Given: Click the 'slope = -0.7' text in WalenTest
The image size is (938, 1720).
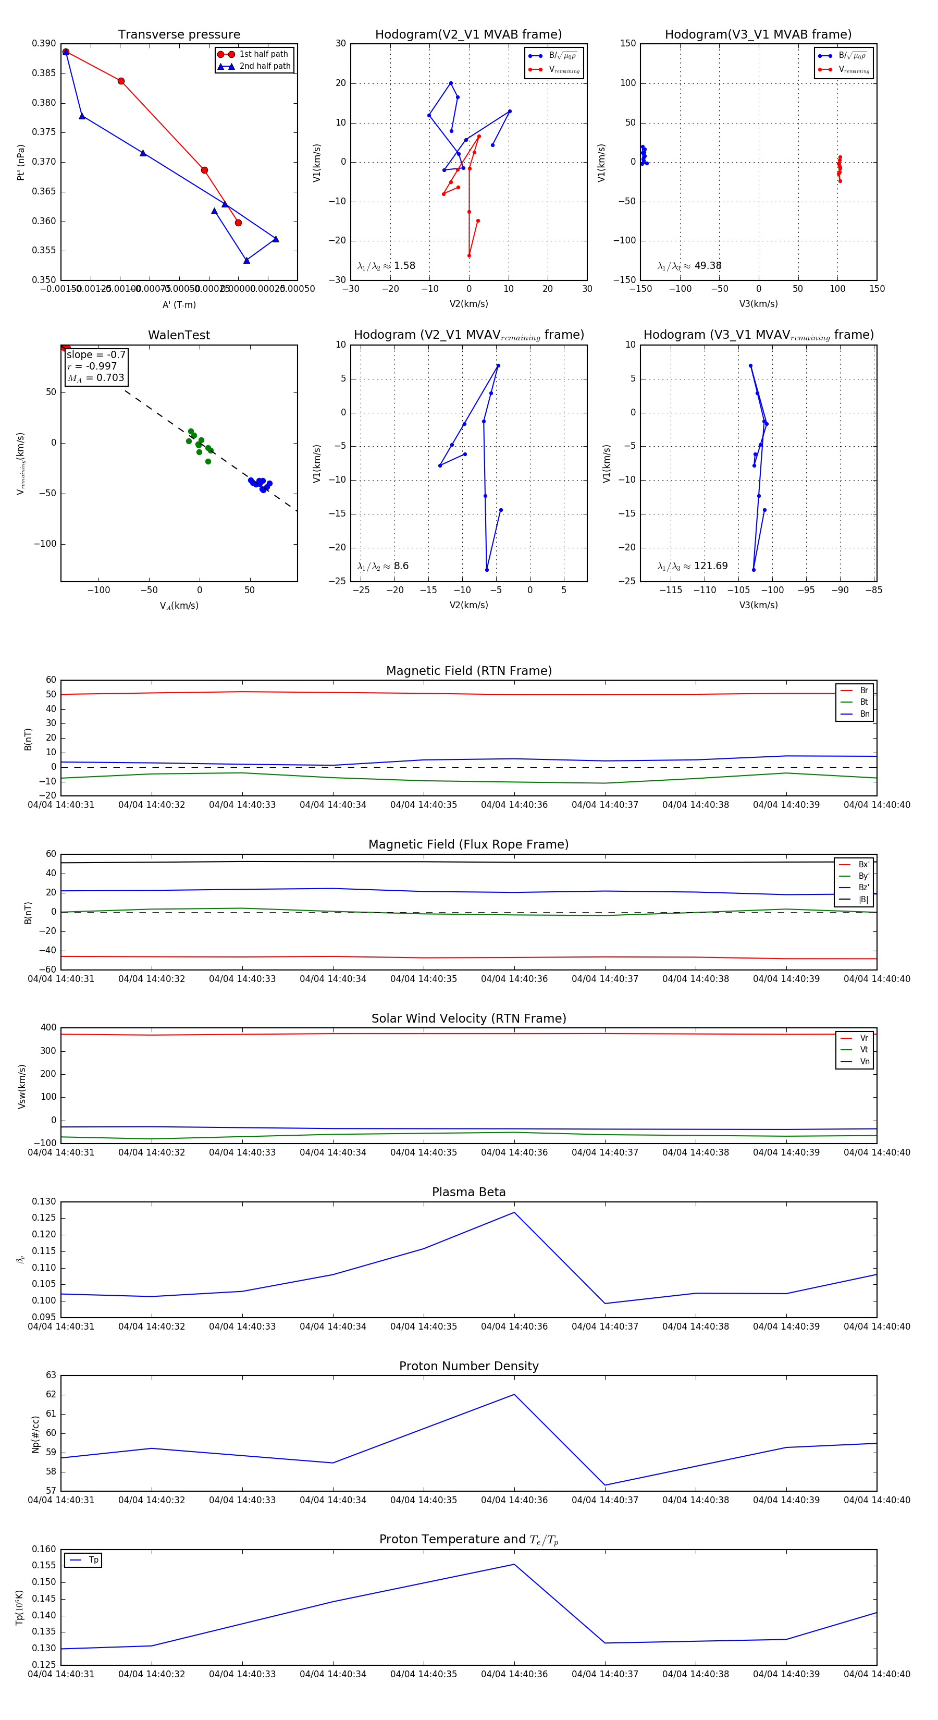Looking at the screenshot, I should [95, 354].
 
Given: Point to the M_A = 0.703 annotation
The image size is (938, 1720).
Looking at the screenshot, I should [95, 378].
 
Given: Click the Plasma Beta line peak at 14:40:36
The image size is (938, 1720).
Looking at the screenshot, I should [514, 1212].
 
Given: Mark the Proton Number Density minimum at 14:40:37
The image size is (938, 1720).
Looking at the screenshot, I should [605, 1485].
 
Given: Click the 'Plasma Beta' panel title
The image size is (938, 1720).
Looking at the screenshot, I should [468, 1192].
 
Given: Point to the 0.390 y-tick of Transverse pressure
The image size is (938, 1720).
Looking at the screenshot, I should [44, 43].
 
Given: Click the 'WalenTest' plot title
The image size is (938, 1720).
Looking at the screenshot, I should [179, 335].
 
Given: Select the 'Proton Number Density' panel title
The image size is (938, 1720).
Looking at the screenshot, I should [468, 1366].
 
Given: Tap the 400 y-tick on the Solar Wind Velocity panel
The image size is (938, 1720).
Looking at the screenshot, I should [49, 1028].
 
